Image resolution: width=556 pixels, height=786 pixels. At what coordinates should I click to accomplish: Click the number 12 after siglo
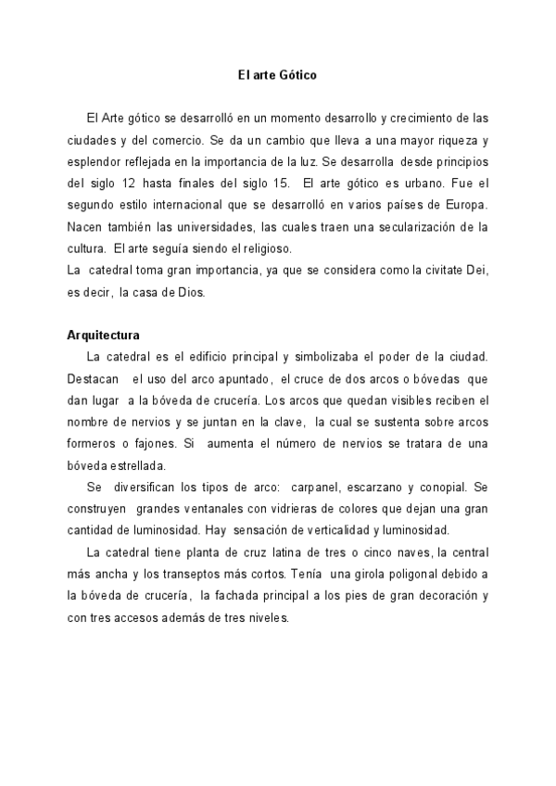pos(124,184)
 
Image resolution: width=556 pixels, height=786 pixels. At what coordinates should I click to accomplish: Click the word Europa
pos(463,205)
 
